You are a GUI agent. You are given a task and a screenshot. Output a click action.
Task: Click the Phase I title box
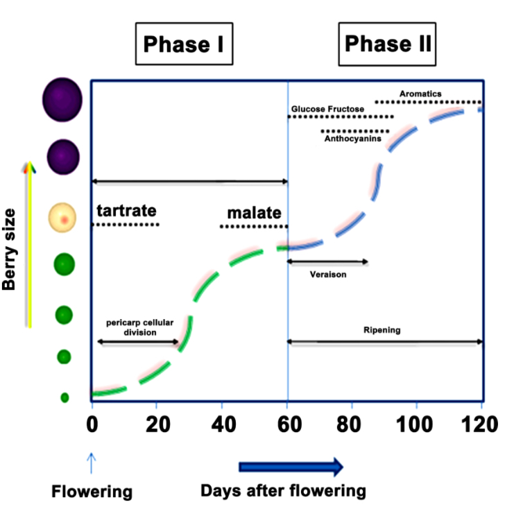click(183, 45)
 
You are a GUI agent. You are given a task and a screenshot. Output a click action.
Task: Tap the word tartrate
click(126, 210)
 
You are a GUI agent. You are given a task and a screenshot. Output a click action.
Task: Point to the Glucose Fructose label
click(327, 109)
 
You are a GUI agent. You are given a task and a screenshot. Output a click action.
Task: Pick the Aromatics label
click(420, 94)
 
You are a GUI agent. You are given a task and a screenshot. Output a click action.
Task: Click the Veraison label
click(328, 274)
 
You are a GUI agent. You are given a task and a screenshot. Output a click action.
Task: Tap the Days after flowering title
click(283, 491)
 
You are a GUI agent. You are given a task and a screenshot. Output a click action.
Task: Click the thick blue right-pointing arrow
click(291, 467)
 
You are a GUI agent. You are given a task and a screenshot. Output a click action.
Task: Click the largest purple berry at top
click(62, 100)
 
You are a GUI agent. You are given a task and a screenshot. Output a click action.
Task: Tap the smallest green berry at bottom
click(65, 397)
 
